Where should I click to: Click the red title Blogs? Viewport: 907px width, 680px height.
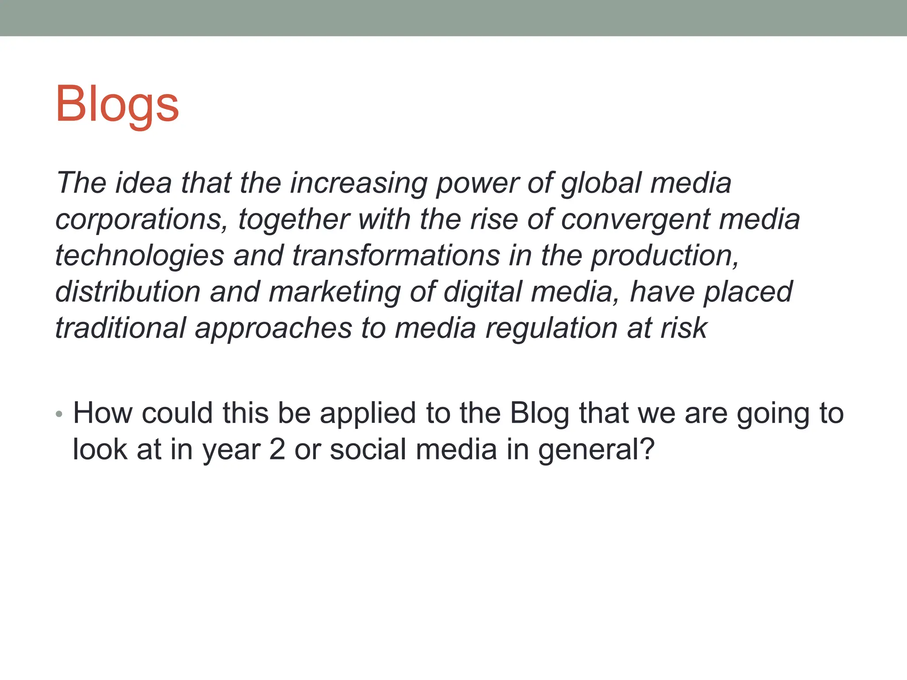click(117, 104)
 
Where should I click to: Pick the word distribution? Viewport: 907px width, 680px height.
click(128, 292)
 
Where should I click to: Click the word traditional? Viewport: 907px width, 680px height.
click(120, 328)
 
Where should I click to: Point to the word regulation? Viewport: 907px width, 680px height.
click(551, 328)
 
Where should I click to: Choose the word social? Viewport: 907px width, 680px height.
click(368, 449)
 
